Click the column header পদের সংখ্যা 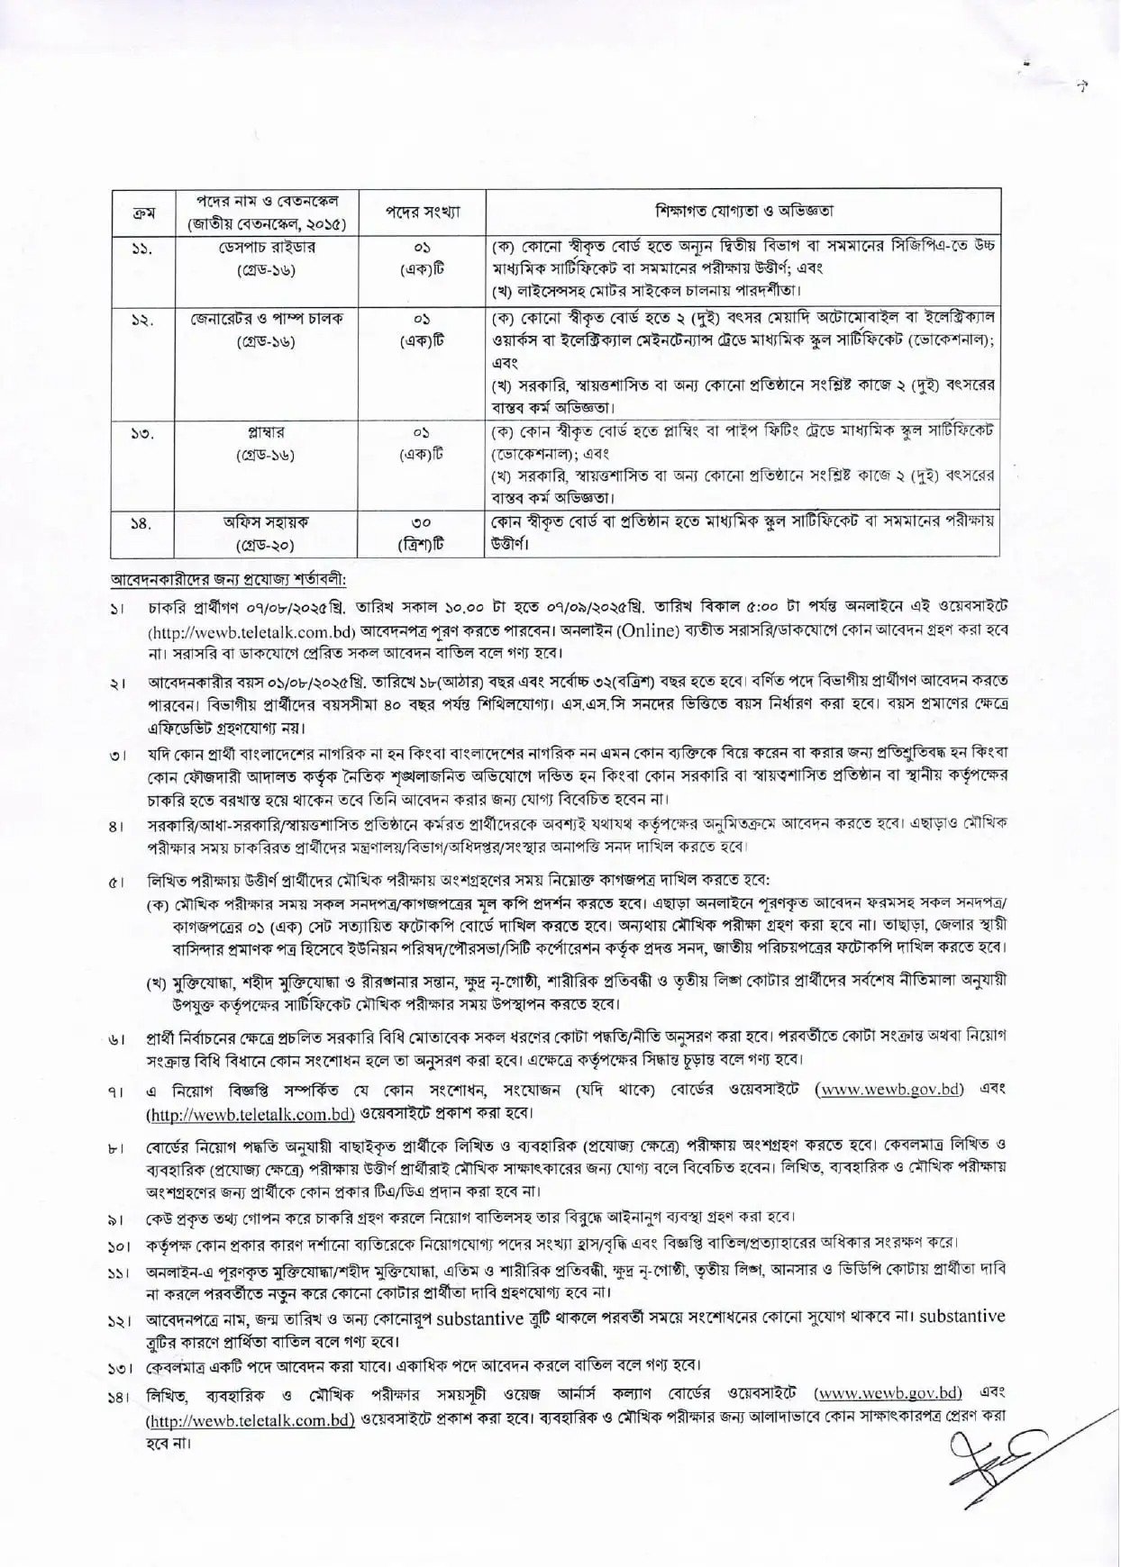tap(424, 213)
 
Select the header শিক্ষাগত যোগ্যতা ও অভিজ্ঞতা tap(744, 212)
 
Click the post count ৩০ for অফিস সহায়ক tap(423, 522)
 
